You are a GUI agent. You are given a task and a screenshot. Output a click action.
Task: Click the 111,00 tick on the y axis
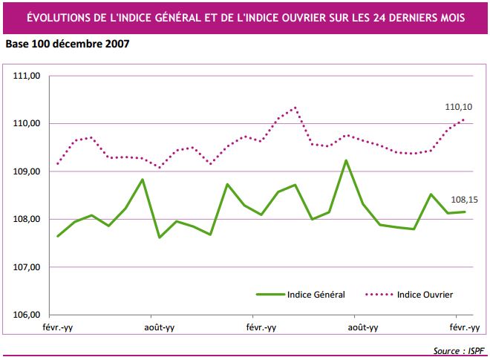(27, 76)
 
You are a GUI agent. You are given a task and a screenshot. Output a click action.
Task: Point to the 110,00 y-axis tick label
(27, 123)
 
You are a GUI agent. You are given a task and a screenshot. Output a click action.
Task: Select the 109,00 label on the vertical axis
(27, 171)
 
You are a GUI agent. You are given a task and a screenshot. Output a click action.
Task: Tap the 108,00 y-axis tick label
(27, 219)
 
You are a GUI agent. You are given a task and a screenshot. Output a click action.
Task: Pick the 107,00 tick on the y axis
(27, 267)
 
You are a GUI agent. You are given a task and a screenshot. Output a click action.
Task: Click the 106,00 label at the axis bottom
(27, 315)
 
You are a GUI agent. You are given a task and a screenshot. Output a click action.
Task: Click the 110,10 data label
(458, 108)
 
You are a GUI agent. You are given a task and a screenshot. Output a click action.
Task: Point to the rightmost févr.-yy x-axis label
(464, 327)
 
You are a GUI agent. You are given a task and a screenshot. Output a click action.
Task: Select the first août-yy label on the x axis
(159, 327)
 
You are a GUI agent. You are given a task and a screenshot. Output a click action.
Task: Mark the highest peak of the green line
(346, 160)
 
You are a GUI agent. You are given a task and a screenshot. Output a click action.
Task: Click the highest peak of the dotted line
(295, 107)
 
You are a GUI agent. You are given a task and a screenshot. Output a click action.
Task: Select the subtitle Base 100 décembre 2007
(68, 44)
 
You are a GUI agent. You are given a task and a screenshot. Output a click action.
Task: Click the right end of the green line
(465, 212)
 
